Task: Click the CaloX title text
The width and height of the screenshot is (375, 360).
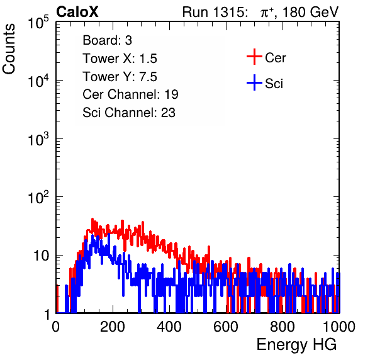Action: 77,12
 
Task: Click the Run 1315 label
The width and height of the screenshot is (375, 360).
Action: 215,12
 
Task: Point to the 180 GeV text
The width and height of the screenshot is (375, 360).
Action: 310,12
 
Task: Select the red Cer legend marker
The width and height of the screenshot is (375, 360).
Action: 254,57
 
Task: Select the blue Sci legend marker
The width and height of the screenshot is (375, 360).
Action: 254,82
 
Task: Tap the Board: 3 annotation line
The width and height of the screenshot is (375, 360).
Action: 107,40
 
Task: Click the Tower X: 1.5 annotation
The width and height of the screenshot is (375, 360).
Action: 120,59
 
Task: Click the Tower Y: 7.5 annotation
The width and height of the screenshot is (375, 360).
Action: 120,77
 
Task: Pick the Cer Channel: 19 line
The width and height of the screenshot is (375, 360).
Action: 130,94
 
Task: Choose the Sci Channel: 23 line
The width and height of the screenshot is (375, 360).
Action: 129,113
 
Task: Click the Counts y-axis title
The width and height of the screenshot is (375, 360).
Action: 9,49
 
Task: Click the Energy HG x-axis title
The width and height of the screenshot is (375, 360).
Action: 296,345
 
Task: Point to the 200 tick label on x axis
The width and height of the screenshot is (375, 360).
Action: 113,327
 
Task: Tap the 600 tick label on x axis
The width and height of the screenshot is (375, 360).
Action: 226,327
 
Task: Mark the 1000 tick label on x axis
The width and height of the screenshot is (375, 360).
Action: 339,327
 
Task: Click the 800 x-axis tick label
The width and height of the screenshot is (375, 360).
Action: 283,327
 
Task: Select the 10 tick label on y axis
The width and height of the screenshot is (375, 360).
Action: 42,256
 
